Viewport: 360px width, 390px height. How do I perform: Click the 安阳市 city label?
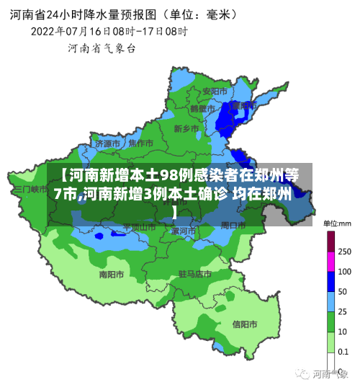click(214, 92)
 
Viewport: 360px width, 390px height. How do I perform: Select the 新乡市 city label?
click(186, 129)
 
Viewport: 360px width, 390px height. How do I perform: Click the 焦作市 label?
click(140, 143)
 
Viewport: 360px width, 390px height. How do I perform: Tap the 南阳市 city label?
click(112, 274)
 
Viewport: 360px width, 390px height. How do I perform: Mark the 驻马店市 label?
click(194, 274)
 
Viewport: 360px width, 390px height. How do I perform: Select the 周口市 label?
click(233, 226)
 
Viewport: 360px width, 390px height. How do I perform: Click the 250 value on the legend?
click(344, 252)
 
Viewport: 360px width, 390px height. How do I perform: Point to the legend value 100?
click(344, 272)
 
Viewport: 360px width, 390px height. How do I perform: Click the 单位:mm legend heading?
click(337, 223)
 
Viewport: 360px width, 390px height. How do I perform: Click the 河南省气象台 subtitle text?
click(102, 48)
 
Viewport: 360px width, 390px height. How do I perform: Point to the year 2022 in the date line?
click(44, 32)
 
